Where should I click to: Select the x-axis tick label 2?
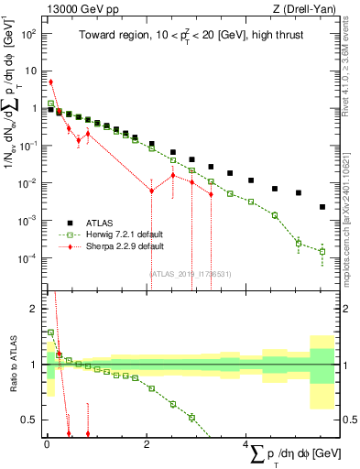147,444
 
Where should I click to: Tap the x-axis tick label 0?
46,444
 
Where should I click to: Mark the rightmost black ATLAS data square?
322,207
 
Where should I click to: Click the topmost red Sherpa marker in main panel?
50,82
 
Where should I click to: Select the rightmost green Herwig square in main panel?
322,251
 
